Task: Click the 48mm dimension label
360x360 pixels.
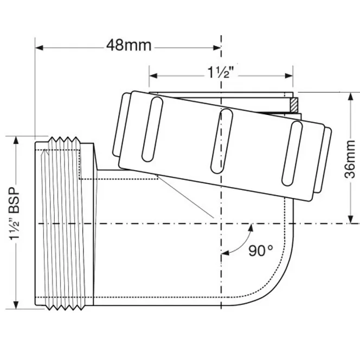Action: click(129, 45)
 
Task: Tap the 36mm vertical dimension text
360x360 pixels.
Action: click(350, 159)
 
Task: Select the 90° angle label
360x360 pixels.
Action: click(261, 250)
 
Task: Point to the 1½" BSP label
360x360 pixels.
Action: click(14, 214)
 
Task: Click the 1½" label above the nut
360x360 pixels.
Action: click(221, 72)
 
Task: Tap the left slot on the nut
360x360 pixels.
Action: click(152, 129)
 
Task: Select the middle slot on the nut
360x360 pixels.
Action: click(222, 141)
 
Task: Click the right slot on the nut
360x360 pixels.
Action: click(292, 153)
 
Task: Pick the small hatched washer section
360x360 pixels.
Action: click(294, 105)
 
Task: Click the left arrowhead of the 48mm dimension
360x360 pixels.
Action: click(39, 48)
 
